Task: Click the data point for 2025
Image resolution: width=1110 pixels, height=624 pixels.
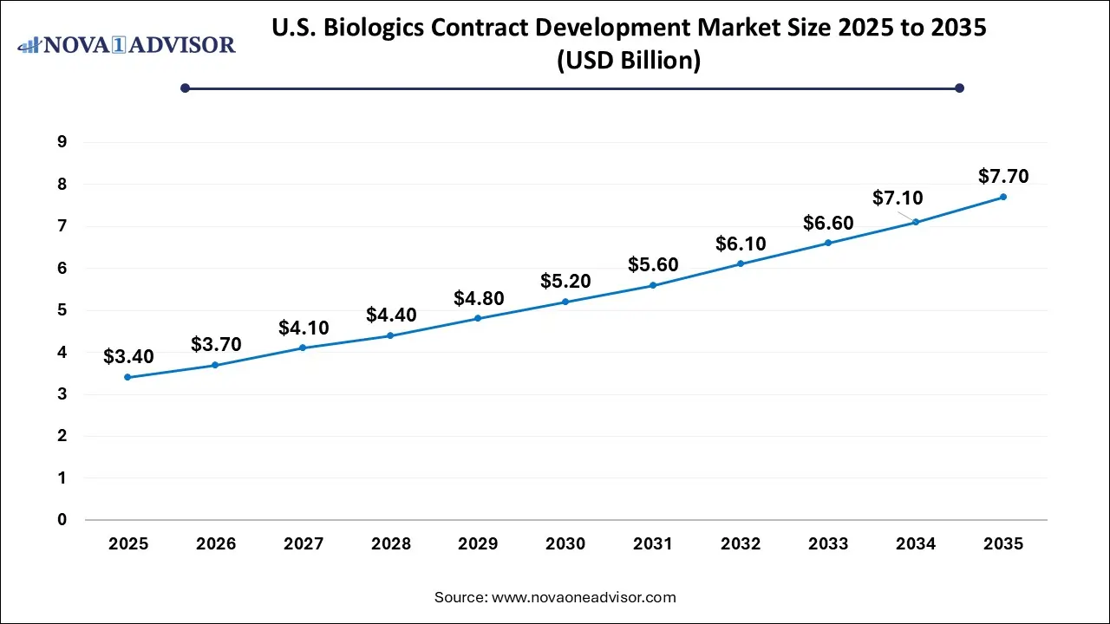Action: pyautogui.click(x=128, y=377)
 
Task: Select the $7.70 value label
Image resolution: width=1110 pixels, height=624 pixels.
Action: pyautogui.click(x=1003, y=177)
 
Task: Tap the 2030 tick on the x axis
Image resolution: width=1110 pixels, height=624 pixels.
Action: pyautogui.click(x=565, y=544)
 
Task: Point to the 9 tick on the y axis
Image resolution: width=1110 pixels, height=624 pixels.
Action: pyautogui.click(x=62, y=142)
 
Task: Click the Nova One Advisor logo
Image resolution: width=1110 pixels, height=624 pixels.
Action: pyautogui.click(x=127, y=44)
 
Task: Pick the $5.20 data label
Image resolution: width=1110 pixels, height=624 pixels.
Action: pyautogui.click(x=565, y=281)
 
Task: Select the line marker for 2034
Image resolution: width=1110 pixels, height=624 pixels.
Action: pyautogui.click(x=916, y=222)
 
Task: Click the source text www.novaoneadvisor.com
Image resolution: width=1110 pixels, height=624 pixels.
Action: pyautogui.click(x=583, y=597)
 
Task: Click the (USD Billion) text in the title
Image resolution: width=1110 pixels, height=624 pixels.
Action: pyautogui.click(x=629, y=62)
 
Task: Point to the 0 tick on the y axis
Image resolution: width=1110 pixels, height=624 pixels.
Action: pyautogui.click(x=62, y=520)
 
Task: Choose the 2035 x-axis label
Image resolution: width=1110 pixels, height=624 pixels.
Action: pyautogui.click(x=1003, y=544)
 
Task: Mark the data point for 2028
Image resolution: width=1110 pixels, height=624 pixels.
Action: pyautogui.click(x=391, y=335)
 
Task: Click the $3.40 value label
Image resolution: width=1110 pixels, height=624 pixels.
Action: pyautogui.click(x=128, y=356)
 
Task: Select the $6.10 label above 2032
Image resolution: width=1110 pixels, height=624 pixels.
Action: pyautogui.click(x=741, y=244)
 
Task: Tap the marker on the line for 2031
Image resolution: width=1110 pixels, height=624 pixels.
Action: pyautogui.click(x=653, y=285)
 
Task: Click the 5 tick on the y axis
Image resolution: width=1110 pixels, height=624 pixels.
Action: pyautogui.click(x=62, y=310)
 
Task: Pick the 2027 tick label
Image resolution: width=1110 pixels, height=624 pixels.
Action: pyautogui.click(x=304, y=544)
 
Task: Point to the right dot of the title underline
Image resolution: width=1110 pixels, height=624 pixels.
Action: pyautogui.click(x=959, y=88)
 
